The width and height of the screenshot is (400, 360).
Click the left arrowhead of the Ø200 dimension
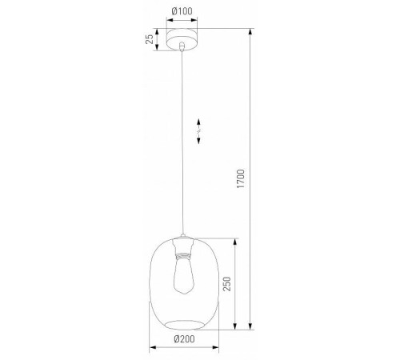(153, 347)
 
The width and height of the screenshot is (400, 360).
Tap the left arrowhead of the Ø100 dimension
(168, 20)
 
